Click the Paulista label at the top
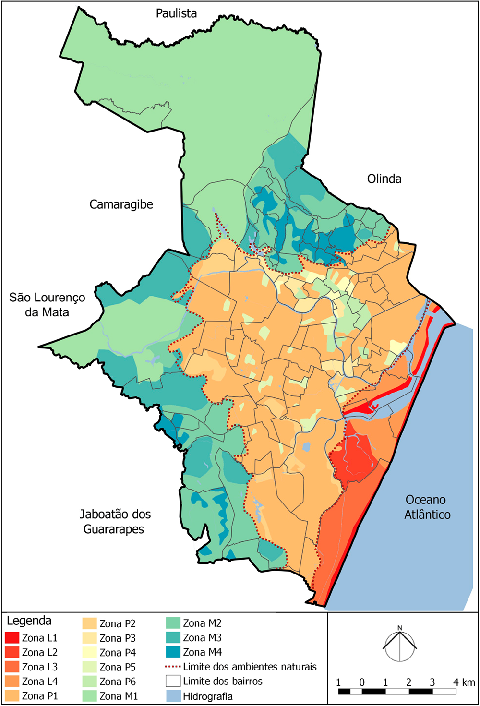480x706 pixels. (x=176, y=13)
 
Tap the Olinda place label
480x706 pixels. (x=384, y=179)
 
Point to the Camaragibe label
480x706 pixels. (x=121, y=204)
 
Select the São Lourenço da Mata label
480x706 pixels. (x=47, y=305)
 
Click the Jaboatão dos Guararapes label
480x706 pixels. (x=115, y=522)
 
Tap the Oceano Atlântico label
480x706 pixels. (x=427, y=507)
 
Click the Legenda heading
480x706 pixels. (x=29, y=621)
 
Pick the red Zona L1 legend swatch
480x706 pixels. (x=12, y=638)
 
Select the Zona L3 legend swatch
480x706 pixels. (x=12, y=667)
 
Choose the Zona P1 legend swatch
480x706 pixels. (x=12, y=695)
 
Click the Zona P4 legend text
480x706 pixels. (x=118, y=653)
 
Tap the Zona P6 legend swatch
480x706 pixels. (x=90, y=682)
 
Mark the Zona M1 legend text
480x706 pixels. (x=119, y=696)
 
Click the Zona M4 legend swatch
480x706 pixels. (x=173, y=652)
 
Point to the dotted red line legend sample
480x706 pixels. (x=173, y=667)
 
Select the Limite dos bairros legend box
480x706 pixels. (x=173, y=681)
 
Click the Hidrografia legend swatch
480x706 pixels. (x=173, y=696)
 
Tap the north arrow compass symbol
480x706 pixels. (x=400, y=646)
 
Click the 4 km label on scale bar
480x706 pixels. (x=464, y=682)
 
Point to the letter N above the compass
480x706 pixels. (x=400, y=628)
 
